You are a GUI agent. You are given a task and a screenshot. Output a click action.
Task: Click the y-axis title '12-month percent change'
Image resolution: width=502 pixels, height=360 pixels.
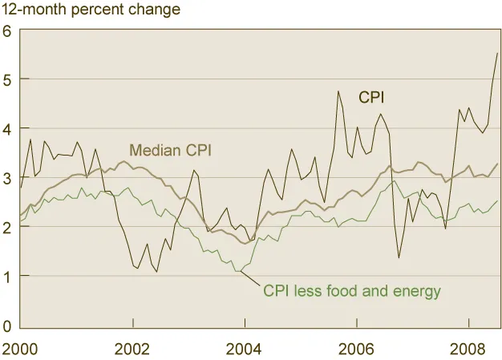[91, 10]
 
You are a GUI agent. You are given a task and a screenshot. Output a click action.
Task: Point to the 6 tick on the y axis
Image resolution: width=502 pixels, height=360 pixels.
[7, 31]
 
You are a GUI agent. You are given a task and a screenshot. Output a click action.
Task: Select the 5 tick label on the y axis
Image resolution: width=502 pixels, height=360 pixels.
[7, 80]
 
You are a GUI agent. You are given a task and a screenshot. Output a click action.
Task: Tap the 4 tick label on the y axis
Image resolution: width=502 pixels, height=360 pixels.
[7, 129]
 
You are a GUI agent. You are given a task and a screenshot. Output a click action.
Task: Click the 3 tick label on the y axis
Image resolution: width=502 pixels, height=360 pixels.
[7, 178]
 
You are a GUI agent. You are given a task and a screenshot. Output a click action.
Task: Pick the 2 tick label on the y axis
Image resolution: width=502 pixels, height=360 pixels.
[7, 228]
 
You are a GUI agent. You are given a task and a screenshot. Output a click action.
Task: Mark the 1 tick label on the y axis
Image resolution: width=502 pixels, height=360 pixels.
[7, 277]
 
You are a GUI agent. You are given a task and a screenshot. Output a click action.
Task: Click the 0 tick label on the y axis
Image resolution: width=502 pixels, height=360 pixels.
[7, 326]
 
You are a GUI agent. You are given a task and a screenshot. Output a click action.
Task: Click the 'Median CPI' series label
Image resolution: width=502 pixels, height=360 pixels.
[170, 149]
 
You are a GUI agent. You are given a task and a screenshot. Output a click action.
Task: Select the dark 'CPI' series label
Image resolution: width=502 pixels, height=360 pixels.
[371, 98]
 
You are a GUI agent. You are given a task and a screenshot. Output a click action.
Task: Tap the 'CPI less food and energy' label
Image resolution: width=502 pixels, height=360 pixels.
[352, 291]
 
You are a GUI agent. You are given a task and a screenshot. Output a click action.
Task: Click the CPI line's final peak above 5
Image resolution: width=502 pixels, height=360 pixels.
[497, 53]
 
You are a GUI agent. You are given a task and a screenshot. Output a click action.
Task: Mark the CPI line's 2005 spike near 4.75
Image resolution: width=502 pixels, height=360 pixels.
[338, 91]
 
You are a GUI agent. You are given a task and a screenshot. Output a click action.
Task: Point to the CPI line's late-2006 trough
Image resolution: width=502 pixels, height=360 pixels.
[399, 257]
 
